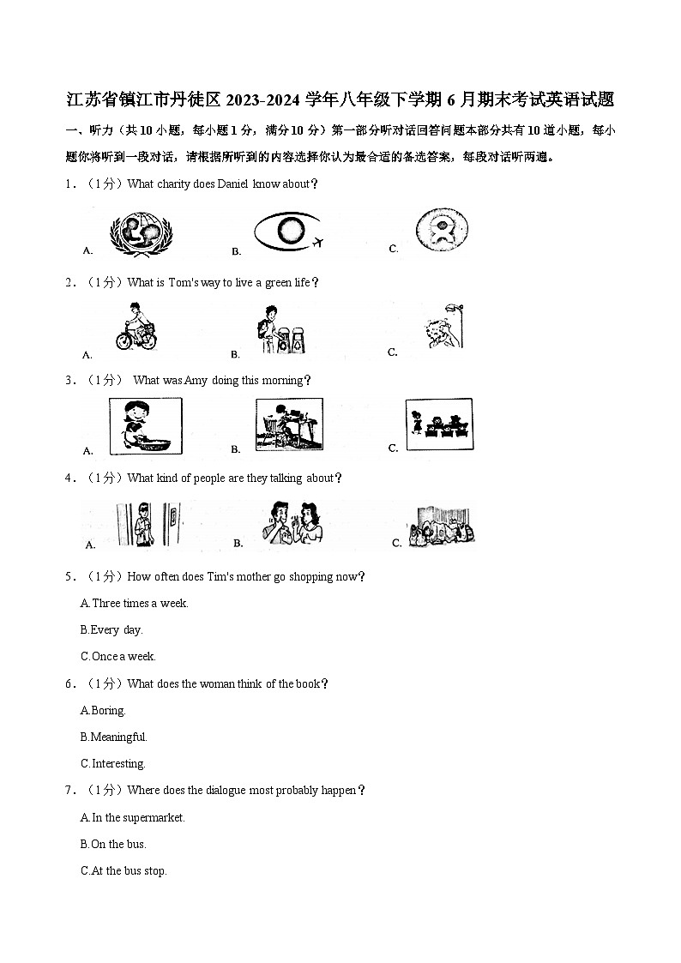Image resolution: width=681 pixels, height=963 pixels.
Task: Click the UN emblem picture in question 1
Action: pos(141,232)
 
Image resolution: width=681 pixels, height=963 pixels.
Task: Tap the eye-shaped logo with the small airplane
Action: pos(287,232)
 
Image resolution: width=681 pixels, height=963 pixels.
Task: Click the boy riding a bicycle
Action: pos(136,327)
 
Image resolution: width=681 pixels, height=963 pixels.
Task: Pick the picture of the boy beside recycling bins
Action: pos(278,330)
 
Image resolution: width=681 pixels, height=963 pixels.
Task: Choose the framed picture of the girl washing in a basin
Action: pos(145,426)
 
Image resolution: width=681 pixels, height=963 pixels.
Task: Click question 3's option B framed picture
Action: pos(289,424)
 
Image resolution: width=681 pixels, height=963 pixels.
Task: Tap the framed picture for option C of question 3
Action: pos(438,424)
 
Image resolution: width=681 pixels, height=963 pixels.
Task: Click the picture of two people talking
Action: pos(292,521)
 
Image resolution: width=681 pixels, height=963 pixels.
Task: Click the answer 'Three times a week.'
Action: pos(135,603)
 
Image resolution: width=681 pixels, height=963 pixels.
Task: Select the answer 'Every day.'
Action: pos(111,629)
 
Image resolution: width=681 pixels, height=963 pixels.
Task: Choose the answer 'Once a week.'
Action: pos(118,656)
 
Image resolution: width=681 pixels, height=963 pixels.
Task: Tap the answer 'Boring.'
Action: pos(103,710)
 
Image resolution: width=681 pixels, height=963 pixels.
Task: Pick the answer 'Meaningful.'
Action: pos(114,737)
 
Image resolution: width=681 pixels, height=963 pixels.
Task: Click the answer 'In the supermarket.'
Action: pos(133,817)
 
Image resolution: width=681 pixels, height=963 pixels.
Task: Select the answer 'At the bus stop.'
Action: pos(124,870)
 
